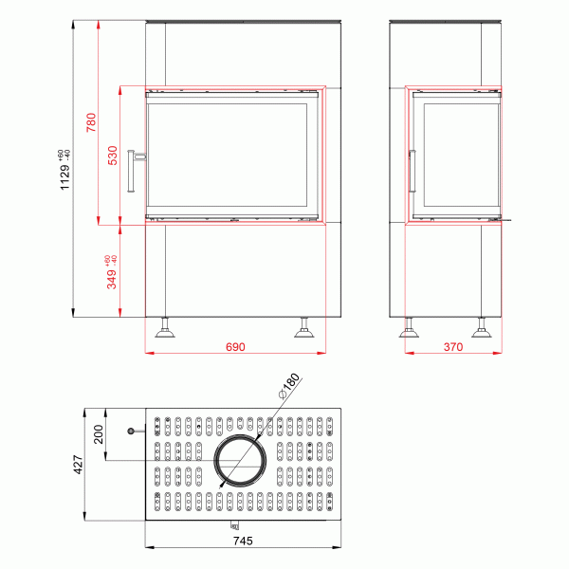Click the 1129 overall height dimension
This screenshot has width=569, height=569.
coord(65,172)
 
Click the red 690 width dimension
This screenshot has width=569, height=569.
coord(235,347)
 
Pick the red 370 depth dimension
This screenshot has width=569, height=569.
coord(452,347)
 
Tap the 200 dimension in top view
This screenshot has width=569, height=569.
coord(99,436)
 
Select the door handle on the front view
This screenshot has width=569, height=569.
coord(138,170)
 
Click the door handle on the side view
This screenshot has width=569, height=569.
coord(412,172)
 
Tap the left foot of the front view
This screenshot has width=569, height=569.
coord(166,329)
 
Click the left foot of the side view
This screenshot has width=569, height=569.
coord(410,329)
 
